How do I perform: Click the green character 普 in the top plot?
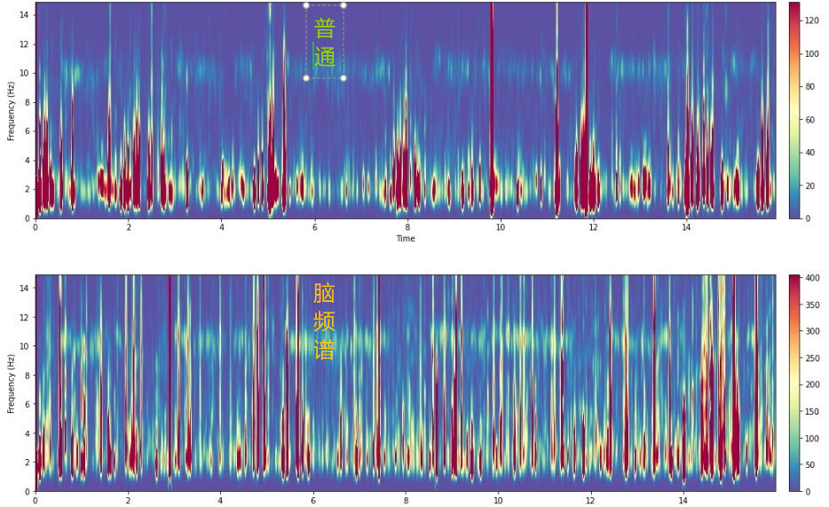tap(325, 28)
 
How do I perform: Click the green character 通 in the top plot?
tap(325, 58)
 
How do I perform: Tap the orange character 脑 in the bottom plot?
tap(325, 294)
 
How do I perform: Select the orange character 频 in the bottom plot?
tap(325, 321)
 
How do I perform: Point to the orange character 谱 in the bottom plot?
tap(325, 350)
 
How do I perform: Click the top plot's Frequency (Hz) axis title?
tap(12, 110)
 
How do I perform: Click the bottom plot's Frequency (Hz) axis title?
tap(12, 383)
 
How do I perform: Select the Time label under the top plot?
tap(405, 239)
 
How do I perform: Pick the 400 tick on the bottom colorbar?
tap(812, 277)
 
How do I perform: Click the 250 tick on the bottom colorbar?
tap(812, 357)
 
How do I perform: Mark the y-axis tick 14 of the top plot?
tap(26, 15)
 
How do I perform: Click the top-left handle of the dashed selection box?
tap(306, 5)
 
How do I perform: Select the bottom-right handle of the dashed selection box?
tap(343, 78)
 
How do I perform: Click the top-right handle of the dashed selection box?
tap(343, 5)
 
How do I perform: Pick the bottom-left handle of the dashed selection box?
tap(306, 78)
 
